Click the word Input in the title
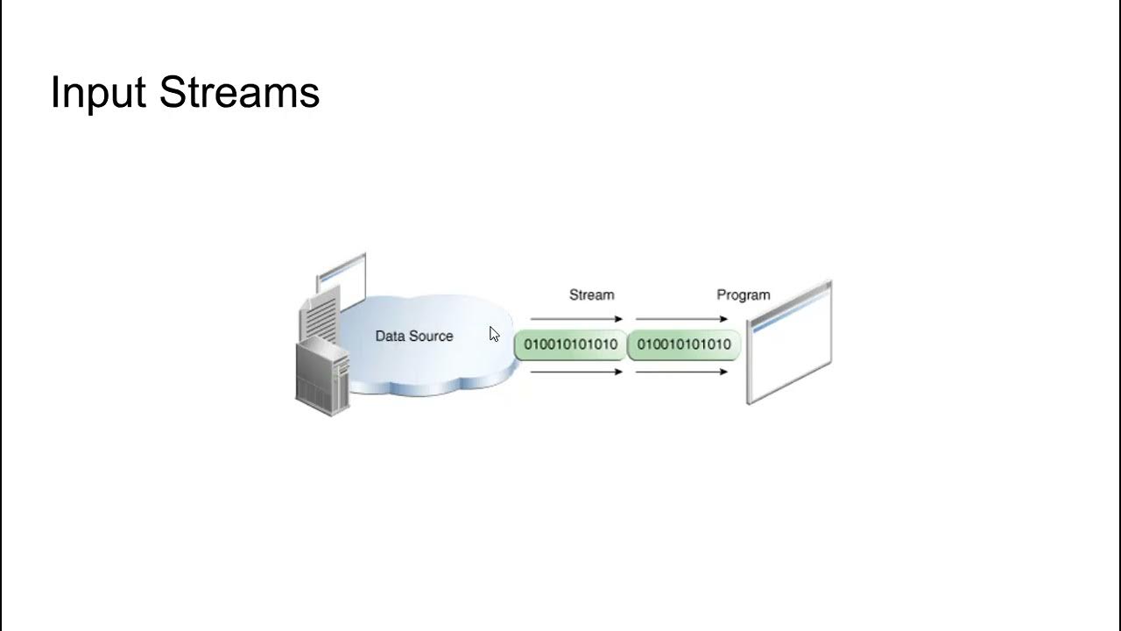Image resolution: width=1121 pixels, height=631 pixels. coord(98,93)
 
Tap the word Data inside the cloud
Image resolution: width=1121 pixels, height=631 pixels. coord(391,336)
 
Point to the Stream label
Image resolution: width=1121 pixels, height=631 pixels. coord(591,294)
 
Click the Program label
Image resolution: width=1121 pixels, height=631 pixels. coord(743,294)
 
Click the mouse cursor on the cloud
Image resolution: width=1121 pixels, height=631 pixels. coord(494,334)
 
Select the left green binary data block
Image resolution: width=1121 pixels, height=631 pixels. coord(570,344)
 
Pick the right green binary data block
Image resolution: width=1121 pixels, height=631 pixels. coord(684,344)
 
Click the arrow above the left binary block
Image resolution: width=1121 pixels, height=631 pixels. coord(576,319)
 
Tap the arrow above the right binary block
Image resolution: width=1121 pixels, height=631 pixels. coord(681,319)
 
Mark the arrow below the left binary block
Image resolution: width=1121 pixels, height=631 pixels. coord(576,372)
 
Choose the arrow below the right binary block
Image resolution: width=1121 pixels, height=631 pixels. coord(681,372)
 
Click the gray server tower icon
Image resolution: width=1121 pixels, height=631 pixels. coord(322,379)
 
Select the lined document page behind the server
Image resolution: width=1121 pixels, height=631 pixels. coord(318,319)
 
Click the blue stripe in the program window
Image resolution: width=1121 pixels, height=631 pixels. coord(788,313)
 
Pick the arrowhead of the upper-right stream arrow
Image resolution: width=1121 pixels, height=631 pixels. coord(723,319)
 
